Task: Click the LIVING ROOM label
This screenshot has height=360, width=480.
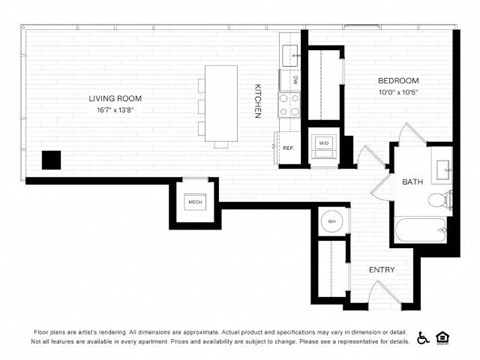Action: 115,98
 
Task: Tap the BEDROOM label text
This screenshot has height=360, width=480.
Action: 397,81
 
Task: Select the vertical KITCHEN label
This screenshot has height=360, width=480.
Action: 257,101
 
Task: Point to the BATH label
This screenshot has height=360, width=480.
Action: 412,182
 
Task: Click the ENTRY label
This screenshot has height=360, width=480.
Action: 381,269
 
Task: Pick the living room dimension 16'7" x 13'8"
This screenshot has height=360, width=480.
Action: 115,110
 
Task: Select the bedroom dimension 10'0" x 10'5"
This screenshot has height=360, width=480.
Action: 397,93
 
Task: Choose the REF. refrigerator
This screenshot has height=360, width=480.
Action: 288,148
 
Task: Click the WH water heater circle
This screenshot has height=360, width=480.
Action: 331,220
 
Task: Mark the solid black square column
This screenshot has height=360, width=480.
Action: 50,160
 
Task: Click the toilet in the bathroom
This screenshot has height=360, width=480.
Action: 438,201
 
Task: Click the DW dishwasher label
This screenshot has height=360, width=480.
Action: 295,80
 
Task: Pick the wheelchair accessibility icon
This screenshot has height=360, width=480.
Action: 423,337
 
